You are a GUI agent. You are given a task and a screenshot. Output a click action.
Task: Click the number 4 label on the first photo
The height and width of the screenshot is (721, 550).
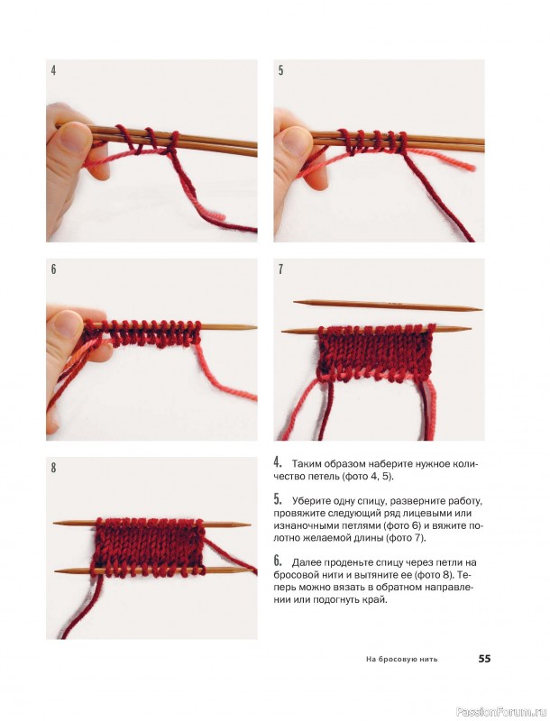click(x=53, y=71)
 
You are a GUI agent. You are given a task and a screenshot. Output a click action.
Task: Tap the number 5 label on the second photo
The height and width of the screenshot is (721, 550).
click(x=280, y=70)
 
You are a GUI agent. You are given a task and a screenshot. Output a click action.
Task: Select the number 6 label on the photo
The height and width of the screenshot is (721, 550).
click(x=53, y=269)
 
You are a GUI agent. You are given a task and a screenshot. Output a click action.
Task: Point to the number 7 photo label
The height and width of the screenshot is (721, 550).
click(x=280, y=269)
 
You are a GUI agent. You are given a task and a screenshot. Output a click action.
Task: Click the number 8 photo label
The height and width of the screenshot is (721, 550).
click(x=53, y=468)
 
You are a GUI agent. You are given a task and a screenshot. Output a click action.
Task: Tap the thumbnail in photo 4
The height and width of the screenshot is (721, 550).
click(x=72, y=138)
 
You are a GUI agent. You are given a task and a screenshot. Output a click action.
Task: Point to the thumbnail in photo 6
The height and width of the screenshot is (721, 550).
click(x=68, y=324)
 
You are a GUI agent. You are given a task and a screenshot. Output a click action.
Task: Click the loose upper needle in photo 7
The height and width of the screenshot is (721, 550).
click(x=388, y=305)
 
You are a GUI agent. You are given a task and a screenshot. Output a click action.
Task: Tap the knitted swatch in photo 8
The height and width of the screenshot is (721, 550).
click(x=150, y=547)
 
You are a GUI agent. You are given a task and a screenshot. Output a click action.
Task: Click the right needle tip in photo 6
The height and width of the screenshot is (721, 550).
click(x=254, y=327)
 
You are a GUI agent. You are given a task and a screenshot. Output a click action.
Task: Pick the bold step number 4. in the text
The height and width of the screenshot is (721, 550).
click(x=278, y=461)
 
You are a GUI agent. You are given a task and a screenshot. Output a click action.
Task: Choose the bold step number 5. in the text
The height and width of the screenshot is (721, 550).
click(x=278, y=498)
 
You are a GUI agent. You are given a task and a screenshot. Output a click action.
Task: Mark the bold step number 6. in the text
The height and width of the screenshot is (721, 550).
click(x=278, y=560)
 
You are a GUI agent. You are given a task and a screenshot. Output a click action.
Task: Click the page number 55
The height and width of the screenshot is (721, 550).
click(x=484, y=659)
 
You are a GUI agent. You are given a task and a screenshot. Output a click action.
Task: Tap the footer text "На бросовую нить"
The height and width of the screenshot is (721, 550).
click(x=401, y=660)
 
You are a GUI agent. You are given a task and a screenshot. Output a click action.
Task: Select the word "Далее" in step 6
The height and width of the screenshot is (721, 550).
click(x=307, y=562)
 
